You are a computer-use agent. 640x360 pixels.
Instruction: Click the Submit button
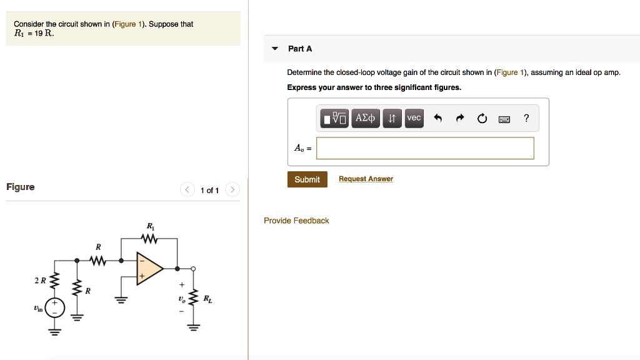point(307,179)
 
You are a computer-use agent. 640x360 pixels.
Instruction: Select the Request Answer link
point(366,179)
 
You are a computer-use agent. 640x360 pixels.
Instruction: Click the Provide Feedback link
point(296,221)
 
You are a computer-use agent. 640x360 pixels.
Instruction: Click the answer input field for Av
point(425,148)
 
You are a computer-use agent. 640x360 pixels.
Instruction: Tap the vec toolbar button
point(414,118)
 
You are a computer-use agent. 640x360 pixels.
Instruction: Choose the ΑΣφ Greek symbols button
point(365,118)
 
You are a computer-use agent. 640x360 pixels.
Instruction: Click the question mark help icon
point(526,118)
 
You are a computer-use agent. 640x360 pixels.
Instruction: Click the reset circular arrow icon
point(482,119)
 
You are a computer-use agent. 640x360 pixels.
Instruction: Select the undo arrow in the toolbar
point(437,118)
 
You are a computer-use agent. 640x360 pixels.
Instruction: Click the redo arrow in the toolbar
point(460,118)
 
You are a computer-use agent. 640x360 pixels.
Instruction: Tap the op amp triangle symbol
point(149,269)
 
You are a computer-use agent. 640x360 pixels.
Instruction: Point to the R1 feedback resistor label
point(149,226)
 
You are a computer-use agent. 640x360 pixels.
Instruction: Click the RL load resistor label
point(207,299)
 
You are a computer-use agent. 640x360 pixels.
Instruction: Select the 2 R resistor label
point(40,281)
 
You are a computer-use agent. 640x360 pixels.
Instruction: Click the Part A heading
point(300,49)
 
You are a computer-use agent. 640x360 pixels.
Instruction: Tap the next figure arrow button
point(232,189)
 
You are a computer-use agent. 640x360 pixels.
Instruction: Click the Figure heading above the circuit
point(21,187)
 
